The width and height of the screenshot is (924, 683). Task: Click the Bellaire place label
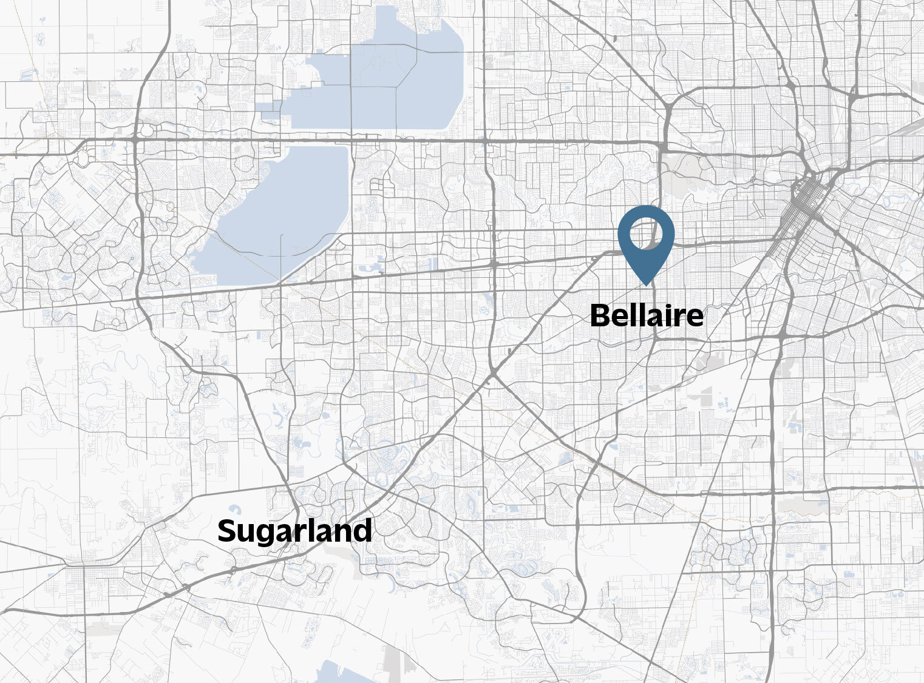[647, 316]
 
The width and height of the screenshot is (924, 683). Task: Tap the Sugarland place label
[294, 531]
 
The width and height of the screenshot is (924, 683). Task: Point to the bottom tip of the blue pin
[646, 284]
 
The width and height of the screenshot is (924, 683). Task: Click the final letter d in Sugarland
[364, 531]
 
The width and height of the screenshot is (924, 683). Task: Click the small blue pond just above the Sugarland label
[233, 510]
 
